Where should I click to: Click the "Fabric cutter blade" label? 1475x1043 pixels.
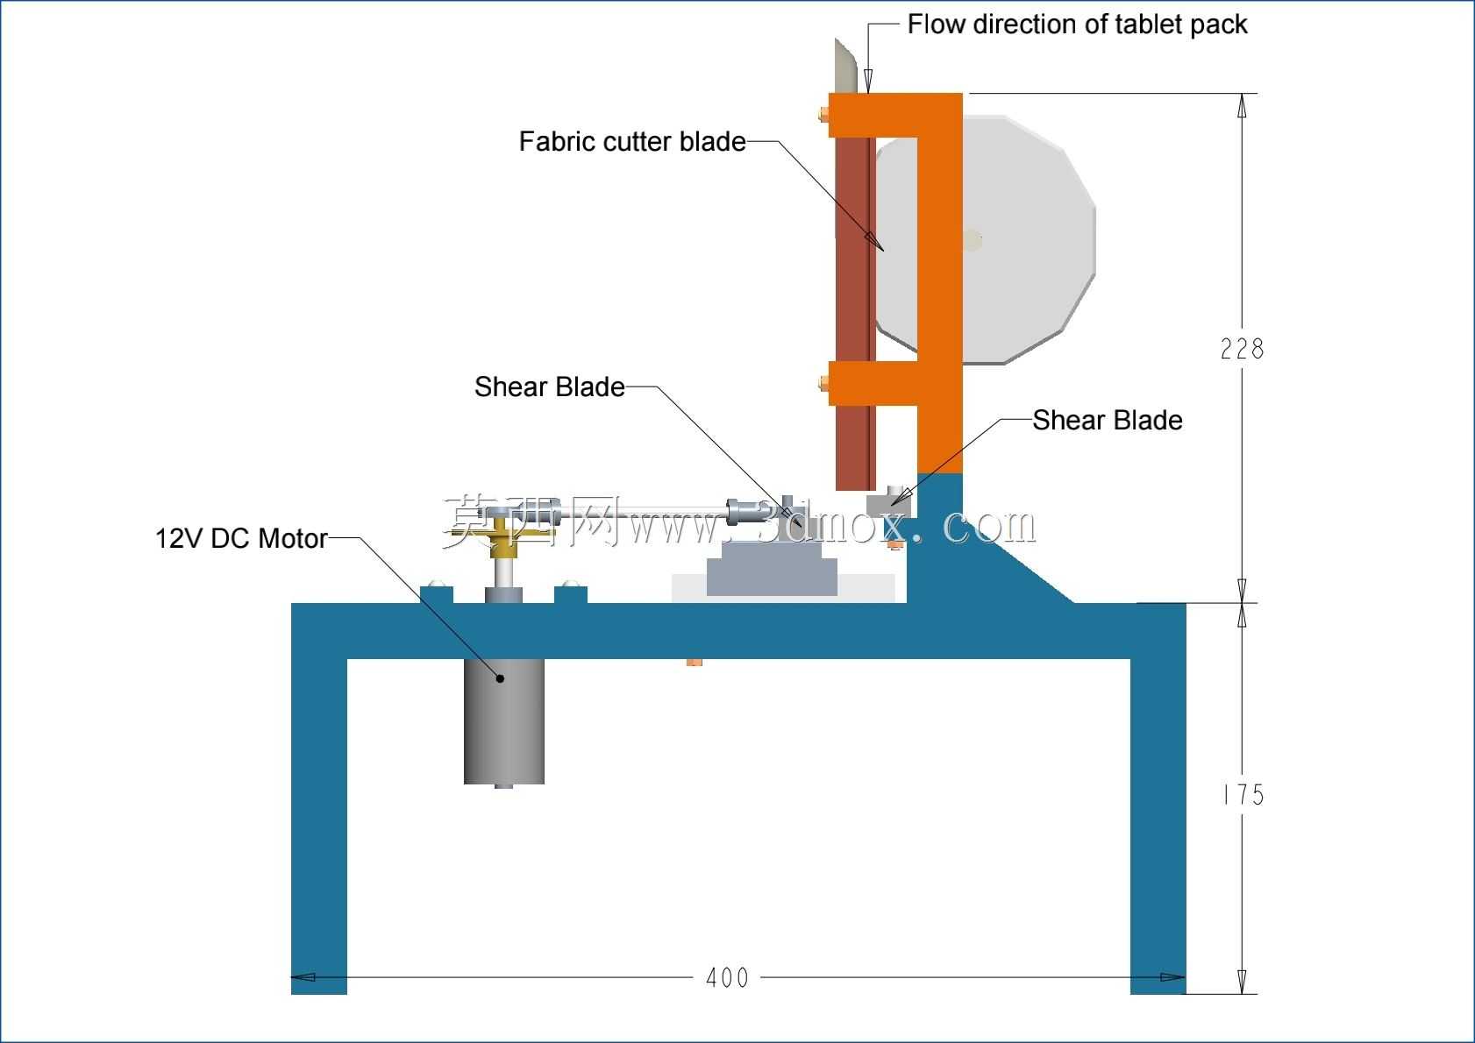click(632, 141)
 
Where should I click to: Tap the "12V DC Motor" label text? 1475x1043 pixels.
click(241, 538)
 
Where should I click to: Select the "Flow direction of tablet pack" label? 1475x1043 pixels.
click(1077, 25)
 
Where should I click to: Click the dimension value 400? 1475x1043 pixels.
click(727, 978)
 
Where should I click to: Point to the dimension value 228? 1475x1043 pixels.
click(1242, 349)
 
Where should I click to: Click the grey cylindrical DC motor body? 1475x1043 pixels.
click(503, 721)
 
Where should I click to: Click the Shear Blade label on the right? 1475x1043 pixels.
click(1107, 421)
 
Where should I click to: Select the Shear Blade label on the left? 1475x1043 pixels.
click(549, 387)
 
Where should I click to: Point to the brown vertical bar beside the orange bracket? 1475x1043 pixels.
click(855, 313)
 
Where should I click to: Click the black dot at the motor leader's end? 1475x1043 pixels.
click(501, 678)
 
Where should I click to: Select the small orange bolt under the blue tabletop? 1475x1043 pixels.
click(694, 662)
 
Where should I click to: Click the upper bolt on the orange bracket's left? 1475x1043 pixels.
click(823, 115)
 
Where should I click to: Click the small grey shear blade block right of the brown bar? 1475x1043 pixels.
click(888, 503)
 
